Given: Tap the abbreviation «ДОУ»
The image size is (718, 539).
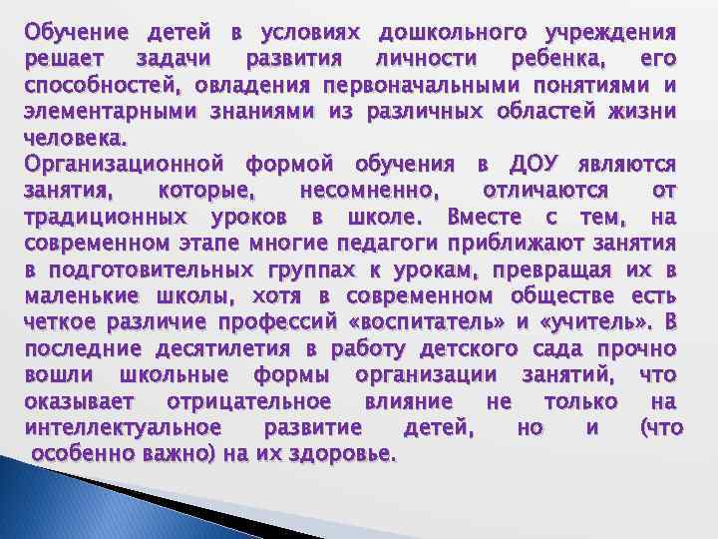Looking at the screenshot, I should point(539,165).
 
